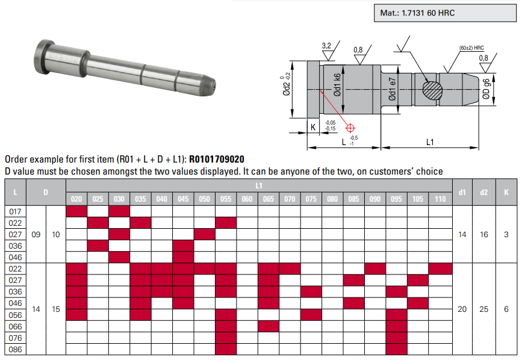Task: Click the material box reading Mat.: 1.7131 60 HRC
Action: click(445, 13)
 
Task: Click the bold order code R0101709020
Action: click(216, 160)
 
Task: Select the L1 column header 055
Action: click(226, 199)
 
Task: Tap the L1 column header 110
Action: click(440, 199)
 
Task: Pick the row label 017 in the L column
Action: click(15, 212)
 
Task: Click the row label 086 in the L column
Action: click(15, 349)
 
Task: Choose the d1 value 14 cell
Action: click(462, 235)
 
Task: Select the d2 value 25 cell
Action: click(483, 309)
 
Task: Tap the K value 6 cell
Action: click(506, 309)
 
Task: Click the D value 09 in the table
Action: click(36, 235)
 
